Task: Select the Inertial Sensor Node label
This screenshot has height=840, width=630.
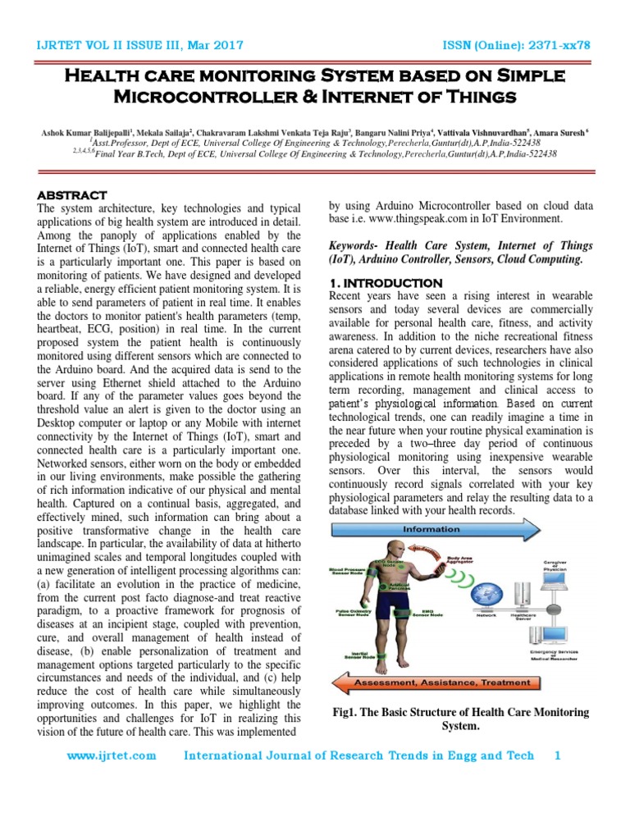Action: (353, 655)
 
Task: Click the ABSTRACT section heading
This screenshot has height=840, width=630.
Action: (72, 195)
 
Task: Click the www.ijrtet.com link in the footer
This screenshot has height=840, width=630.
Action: (111, 756)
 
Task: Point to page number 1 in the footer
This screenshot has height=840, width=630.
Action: (559, 756)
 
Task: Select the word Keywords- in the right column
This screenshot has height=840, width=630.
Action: (354, 245)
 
